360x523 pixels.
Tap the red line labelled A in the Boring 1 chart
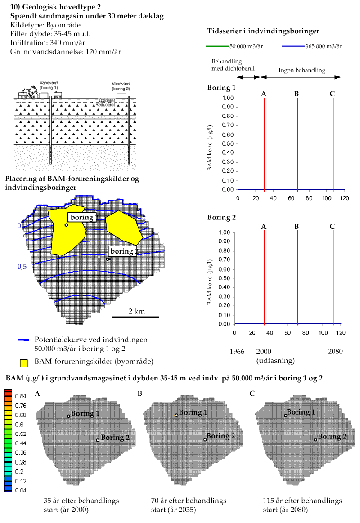click(x=265, y=144)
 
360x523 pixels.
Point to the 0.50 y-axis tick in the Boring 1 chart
click(x=229, y=144)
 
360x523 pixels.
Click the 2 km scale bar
click(x=135, y=317)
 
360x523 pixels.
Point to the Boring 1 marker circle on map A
click(x=69, y=416)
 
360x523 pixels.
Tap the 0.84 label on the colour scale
click(x=21, y=396)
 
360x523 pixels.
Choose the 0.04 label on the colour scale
click(x=21, y=490)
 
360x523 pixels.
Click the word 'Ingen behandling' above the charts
click(x=301, y=70)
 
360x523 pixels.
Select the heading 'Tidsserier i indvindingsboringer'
click(x=263, y=31)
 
